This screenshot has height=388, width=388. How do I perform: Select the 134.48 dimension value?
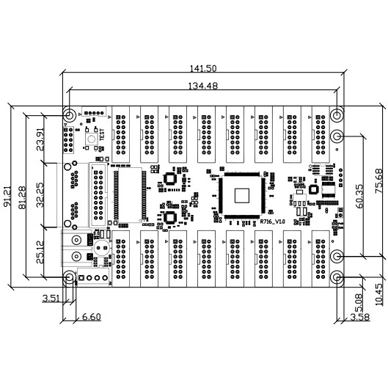click(202, 86)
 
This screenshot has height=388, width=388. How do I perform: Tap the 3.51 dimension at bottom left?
click(51, 299)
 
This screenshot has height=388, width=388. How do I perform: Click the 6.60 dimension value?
click(91, 316)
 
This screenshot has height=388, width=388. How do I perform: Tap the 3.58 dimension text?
click(360, 316)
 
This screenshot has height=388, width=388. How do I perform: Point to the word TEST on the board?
click(102, 133)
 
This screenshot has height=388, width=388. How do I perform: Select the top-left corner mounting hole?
click(68, 115)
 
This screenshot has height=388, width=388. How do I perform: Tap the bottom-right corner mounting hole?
click(337, 278)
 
